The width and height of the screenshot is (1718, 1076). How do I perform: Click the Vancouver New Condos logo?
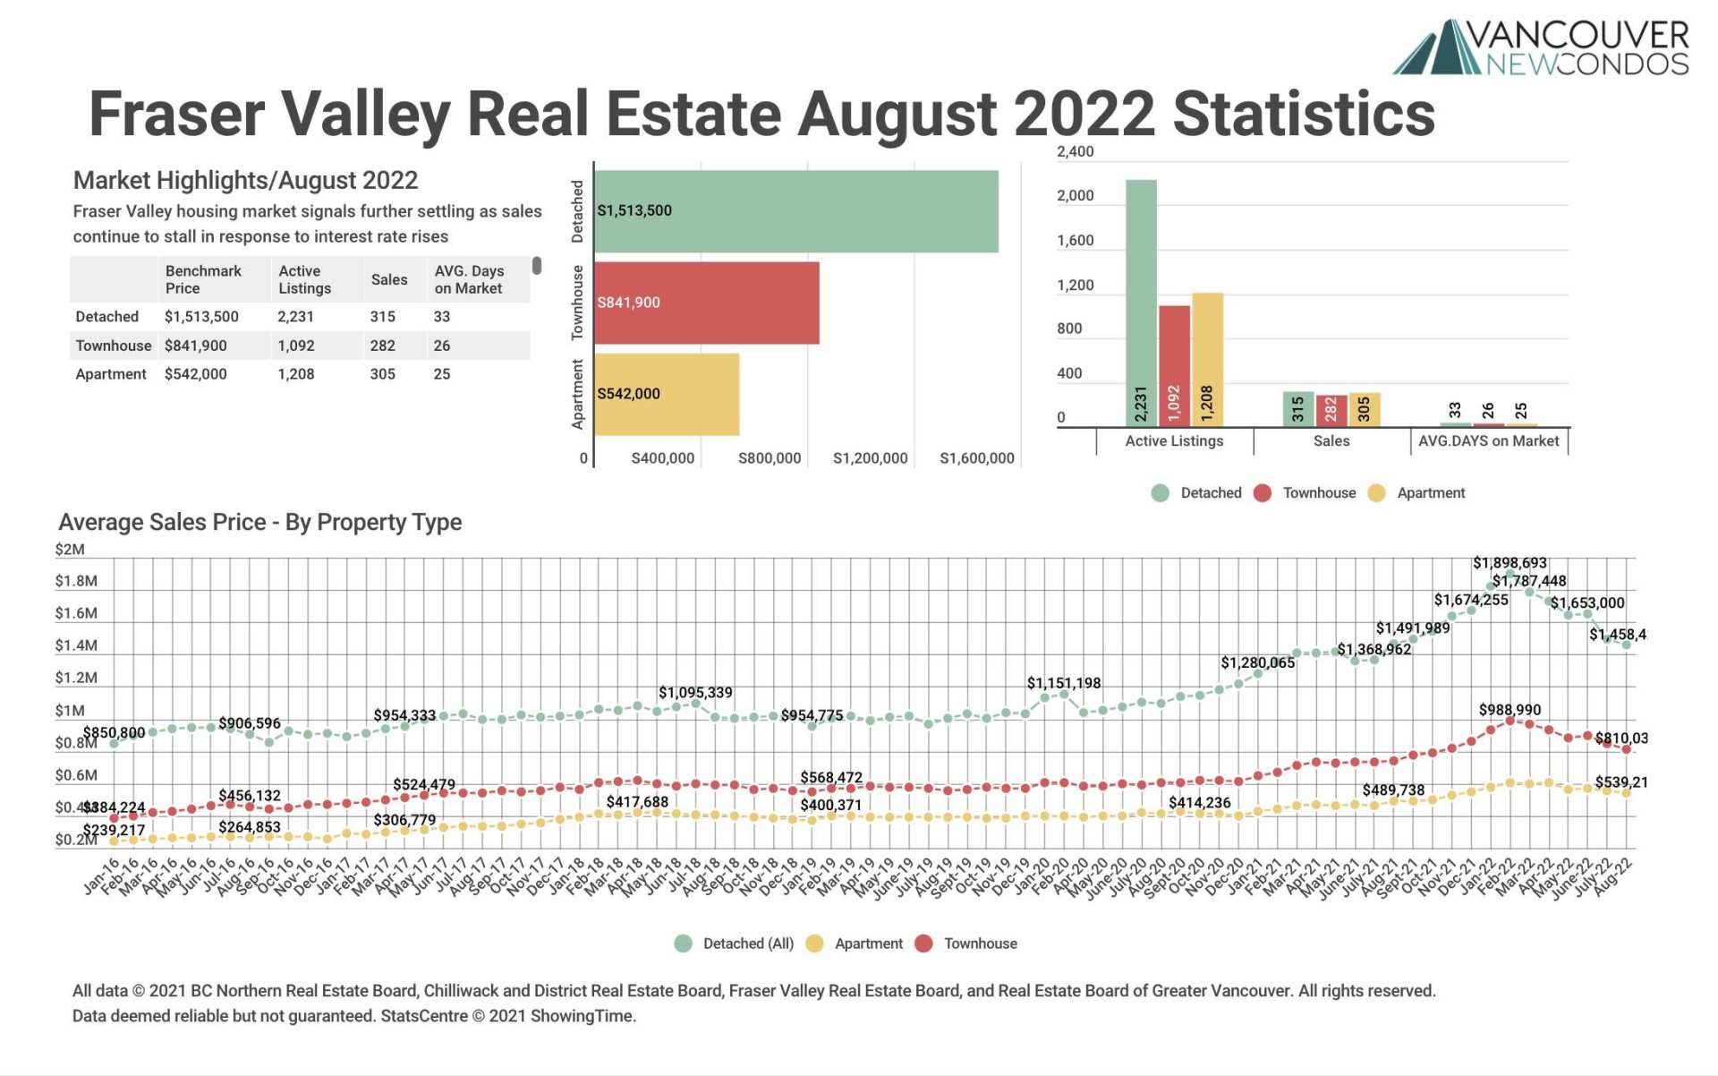pyautogui.click(x=1540, y=47)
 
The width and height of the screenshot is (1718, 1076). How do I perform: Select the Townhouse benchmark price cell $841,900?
pyautogui.click(x=195, y=346)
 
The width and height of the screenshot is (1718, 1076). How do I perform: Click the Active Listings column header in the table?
pyautogui.click(x=304, y=279)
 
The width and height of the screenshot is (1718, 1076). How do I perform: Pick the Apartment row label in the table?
pyautogui.click(x=110, y=374)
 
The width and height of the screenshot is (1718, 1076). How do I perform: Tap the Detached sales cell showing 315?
pyautogui.click(x=382, y=317)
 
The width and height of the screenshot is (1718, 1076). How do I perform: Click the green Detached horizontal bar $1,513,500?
pyautogui.click(x=795, y=211)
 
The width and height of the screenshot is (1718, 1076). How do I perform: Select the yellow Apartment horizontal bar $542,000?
pyautogui.click(x=667, y=394)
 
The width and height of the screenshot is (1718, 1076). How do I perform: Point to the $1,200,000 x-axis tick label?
pyautogui.click(x=870, y=458)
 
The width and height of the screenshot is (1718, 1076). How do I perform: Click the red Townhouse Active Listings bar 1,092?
pyautogui.click(x=1174, y=365)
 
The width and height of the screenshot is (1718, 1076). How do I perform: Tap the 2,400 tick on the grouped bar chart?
pyautogui.click(x=1075, y=151)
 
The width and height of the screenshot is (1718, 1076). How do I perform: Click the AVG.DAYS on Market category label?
pyautogui.click(x=1488, y=441)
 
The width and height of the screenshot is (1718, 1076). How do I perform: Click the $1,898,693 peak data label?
pyautogui.click(x=1510, y=563)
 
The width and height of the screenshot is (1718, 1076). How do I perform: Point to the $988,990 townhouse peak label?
pyautogui.click(x=1510, y=710)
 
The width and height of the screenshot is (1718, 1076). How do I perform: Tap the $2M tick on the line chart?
pyautogui.click(x=70, y=550)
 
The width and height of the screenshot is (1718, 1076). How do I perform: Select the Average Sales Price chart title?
pyautogui.click(x=259, y=522)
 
